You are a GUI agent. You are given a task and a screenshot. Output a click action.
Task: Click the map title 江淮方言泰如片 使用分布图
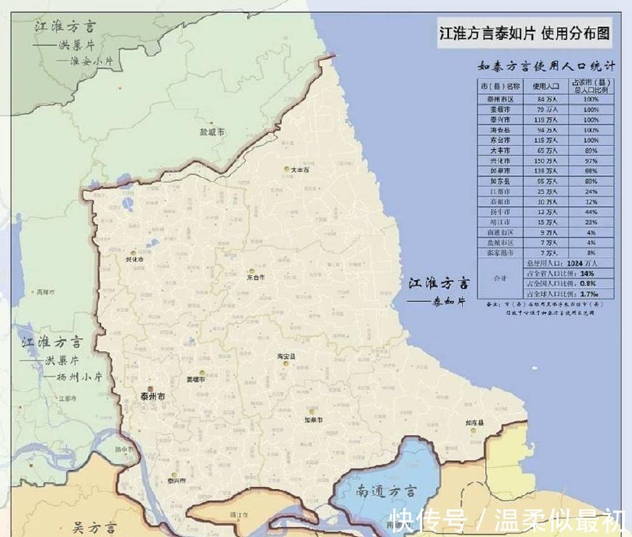point(523,34)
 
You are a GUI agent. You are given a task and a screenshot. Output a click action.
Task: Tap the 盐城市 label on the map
point(212,133)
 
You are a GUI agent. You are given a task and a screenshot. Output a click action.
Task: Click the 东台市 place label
point(256,277)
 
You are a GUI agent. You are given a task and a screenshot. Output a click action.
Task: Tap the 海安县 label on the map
point(286,357)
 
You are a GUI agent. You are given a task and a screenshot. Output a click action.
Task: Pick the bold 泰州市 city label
point(153,397)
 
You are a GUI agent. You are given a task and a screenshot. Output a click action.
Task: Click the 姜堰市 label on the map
point(195,380)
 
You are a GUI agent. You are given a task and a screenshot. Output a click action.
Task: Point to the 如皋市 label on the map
point(314,420)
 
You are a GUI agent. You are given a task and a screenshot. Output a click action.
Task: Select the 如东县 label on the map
point(475,422)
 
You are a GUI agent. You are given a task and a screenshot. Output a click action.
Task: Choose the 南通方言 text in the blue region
point(386,492)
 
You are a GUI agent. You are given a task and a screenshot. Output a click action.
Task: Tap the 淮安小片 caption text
point(90,61)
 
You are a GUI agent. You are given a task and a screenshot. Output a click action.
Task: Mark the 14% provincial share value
point(583,274)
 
